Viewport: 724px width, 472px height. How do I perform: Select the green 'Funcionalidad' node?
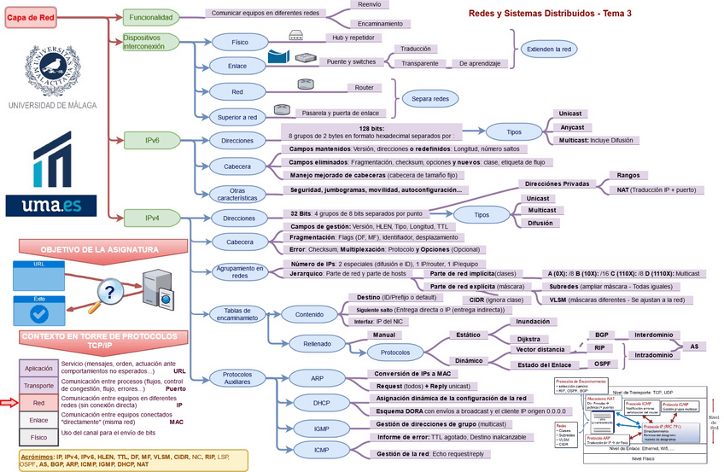pos(152,17)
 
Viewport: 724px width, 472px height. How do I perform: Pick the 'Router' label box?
pos(363,88)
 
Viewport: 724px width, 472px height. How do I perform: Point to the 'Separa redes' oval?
pos(429,99)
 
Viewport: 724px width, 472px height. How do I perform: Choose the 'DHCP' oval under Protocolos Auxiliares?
pos(320,402)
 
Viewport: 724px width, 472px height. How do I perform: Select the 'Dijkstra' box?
pos(532,339)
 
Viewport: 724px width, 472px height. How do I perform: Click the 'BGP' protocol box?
pos(603,335)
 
